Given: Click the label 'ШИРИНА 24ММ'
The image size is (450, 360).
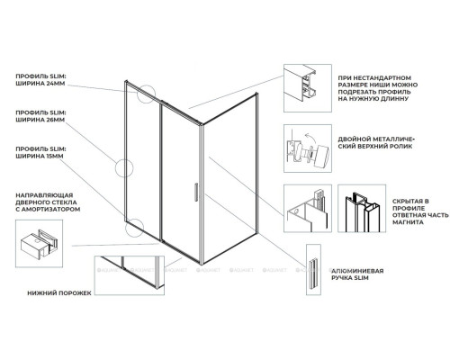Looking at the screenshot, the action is tap(40, 84).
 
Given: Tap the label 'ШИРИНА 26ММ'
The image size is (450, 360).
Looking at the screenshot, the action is tap(40, 120).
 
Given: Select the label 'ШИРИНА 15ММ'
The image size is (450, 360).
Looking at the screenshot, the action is tap(40, 157).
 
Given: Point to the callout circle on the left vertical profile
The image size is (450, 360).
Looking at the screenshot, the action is tap(116, 168).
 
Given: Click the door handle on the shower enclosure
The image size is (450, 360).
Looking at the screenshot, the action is tap(195, 192).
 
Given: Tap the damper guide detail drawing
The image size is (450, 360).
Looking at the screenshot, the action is tap(39, 243).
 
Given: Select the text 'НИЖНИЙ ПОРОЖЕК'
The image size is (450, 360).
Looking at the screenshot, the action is tap(59, 293).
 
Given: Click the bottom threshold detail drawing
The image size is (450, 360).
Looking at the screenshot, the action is tap(130, 275).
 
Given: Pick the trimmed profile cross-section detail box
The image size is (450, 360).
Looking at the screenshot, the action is tap(308, 88).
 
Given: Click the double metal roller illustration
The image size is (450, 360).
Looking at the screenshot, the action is tap(308, 148).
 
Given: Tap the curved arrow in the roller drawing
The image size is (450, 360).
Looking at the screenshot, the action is tap(310, 139).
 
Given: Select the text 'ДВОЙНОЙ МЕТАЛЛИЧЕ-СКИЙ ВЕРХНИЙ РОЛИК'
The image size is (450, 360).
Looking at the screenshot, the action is tap(376, 143).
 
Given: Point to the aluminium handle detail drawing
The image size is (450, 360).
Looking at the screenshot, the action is tap(313, 269).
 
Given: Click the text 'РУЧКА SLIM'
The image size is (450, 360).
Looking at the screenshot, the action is tap(350, 278).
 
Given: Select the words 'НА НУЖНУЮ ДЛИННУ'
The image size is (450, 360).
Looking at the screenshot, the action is tap(373, 99).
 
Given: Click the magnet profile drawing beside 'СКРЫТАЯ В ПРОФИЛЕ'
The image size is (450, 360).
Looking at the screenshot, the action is tap(362, 209).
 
